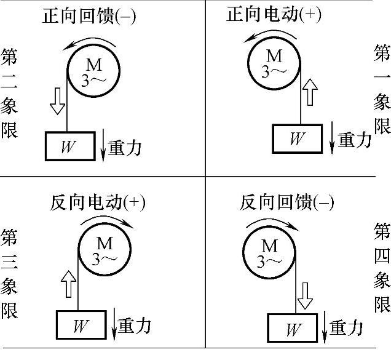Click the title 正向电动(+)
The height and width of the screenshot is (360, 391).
coord(274,15)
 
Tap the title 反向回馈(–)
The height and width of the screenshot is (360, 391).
coord(286,202)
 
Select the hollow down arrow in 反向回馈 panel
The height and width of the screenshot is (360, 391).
coord(304,294)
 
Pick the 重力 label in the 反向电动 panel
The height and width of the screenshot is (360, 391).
coord(134,326)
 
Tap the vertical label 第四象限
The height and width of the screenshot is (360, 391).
coord(382,268)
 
